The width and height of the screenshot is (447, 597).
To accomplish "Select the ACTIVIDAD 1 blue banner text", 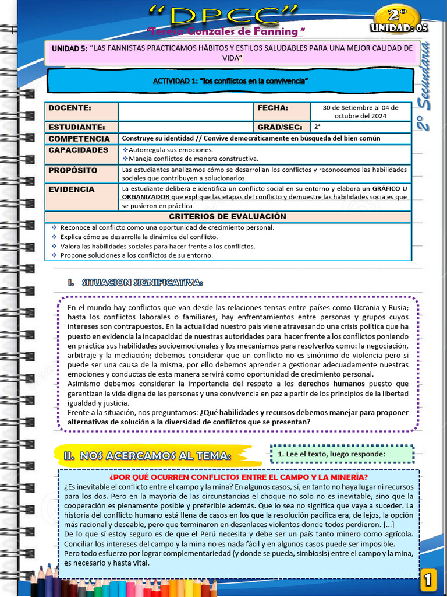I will click(230, 80).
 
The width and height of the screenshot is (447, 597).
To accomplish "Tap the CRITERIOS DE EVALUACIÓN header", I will click(228, 217).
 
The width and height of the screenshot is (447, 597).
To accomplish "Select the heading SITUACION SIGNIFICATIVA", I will click(143, 283).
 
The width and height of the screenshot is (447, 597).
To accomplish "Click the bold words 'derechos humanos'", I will click(331, 384).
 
